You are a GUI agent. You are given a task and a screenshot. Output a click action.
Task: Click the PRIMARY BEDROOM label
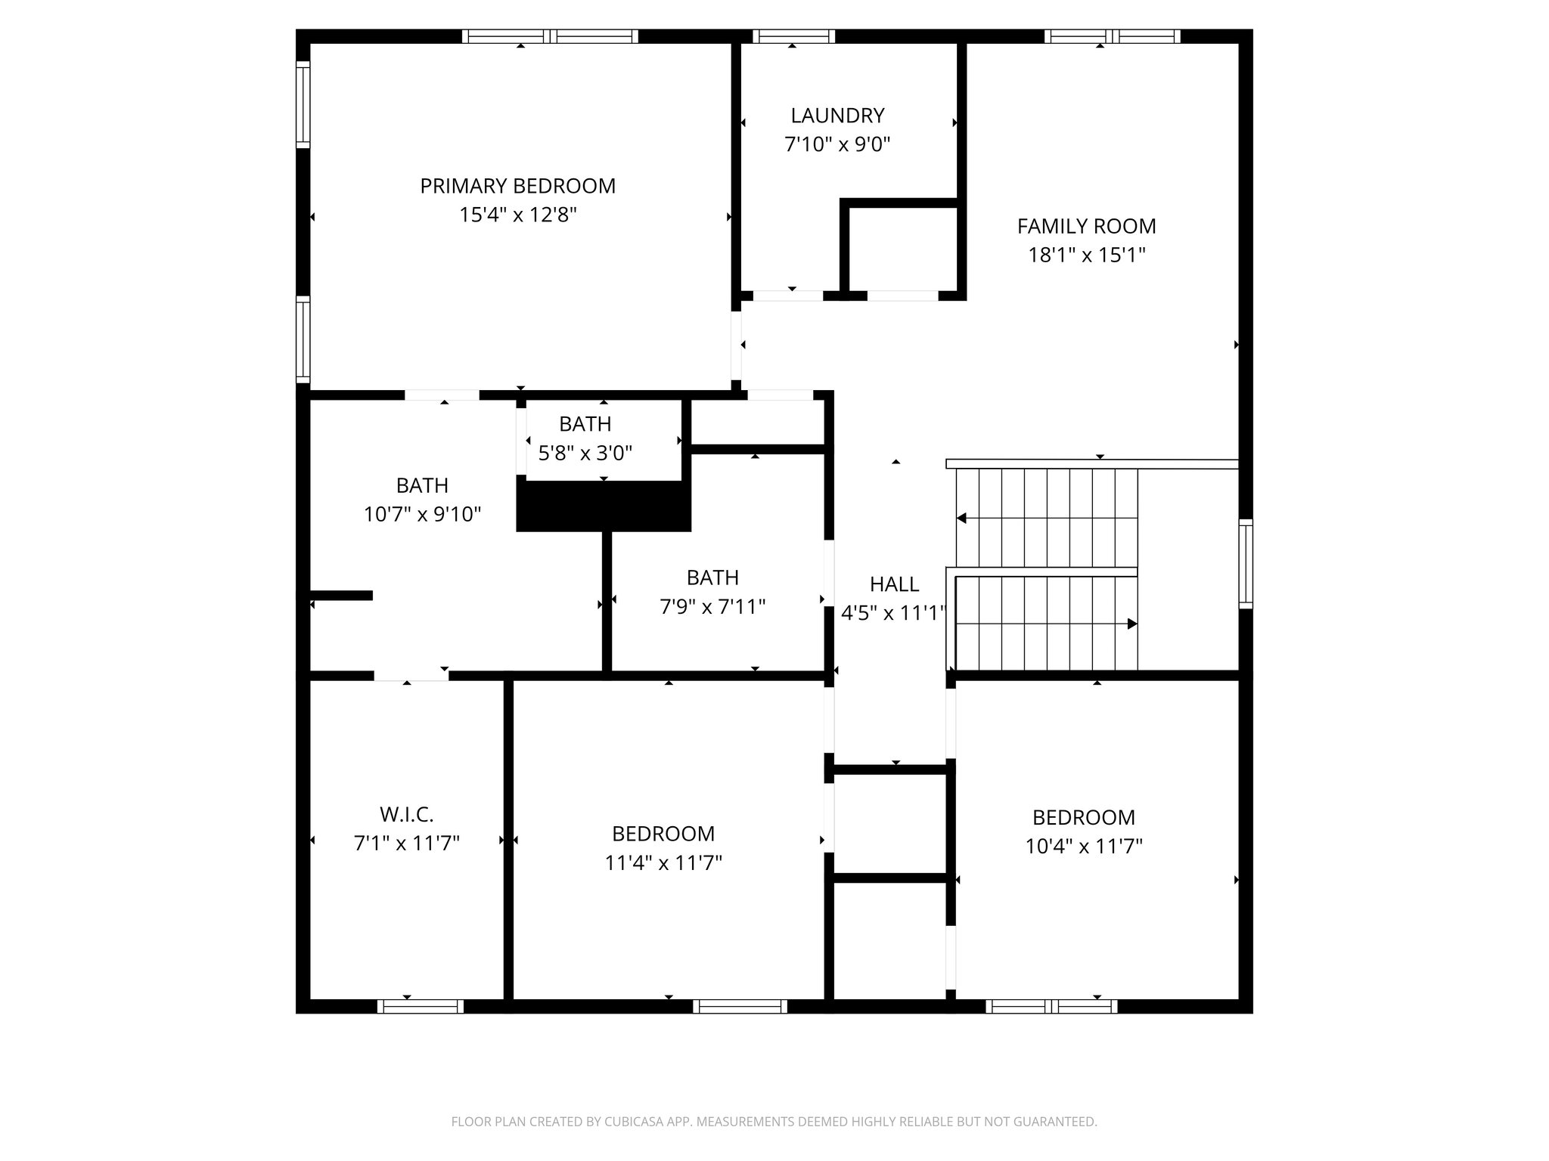pyautogui.click(x=517, y=186)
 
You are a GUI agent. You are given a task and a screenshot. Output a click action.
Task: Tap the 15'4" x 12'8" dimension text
pyautogui.click(x=517, y=215)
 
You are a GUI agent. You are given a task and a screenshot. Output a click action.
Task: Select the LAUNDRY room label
pyautogui.click(x=837, y=116)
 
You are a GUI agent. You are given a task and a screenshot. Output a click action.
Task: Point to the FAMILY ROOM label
pyautogui.click(x=1086, y=226)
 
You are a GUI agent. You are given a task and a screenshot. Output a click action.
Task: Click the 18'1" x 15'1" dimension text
pyautogui.click(x=1086, y=255)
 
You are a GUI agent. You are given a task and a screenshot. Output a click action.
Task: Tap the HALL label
pyautogui.click(x=894, y=584)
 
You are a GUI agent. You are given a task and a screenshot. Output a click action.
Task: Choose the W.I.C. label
pyautogui.click(x=406, y=815)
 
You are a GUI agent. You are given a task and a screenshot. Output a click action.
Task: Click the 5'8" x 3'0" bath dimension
pyautogui.click(x=585, y=454)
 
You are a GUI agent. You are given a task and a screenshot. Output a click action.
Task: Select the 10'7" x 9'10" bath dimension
pyautogui.click(x=422, y=515)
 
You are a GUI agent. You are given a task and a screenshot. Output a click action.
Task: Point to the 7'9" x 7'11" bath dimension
pyautogui.click(x=712, y=607)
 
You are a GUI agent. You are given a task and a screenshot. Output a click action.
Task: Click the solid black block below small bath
pyautogui.click(x=604, y=506)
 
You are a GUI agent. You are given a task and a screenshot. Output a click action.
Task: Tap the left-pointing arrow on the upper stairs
pyautogui.click(x=962, y=519)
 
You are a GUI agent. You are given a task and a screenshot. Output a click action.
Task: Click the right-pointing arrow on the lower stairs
pyautogui.click(x=1131, y=624)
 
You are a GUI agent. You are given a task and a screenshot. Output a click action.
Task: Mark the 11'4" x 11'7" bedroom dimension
pyautogui.click(x=663, y=863)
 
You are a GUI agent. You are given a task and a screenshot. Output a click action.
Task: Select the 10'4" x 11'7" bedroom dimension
pyautogui.click(x=1083, y=847)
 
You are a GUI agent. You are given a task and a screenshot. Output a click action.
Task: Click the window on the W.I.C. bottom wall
pyautogui.click(x=421, y=1006)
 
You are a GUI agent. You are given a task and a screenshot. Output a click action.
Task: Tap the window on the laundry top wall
pyautogui.click(x=793, y=36)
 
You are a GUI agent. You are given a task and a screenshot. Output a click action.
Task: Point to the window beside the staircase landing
pyautogui.click(x=1245, y=564)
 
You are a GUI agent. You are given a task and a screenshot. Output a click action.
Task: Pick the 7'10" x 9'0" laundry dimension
pyautogui.click(x=837, y=144)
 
